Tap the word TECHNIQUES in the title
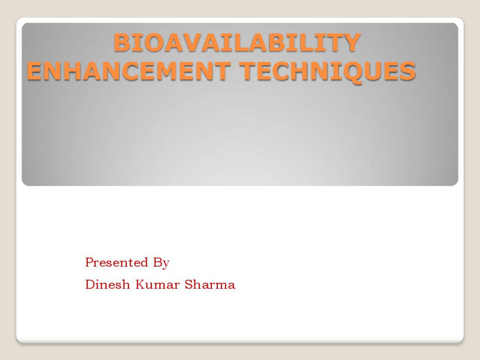[328, 71]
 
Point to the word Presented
[117, 262]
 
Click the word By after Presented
[161, 263]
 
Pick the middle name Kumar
[157, 285]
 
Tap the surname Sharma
[210, 285]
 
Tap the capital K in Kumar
[141, 285]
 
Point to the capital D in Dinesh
[90, 285]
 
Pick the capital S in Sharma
[188, 285]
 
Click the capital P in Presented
[90, 262]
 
